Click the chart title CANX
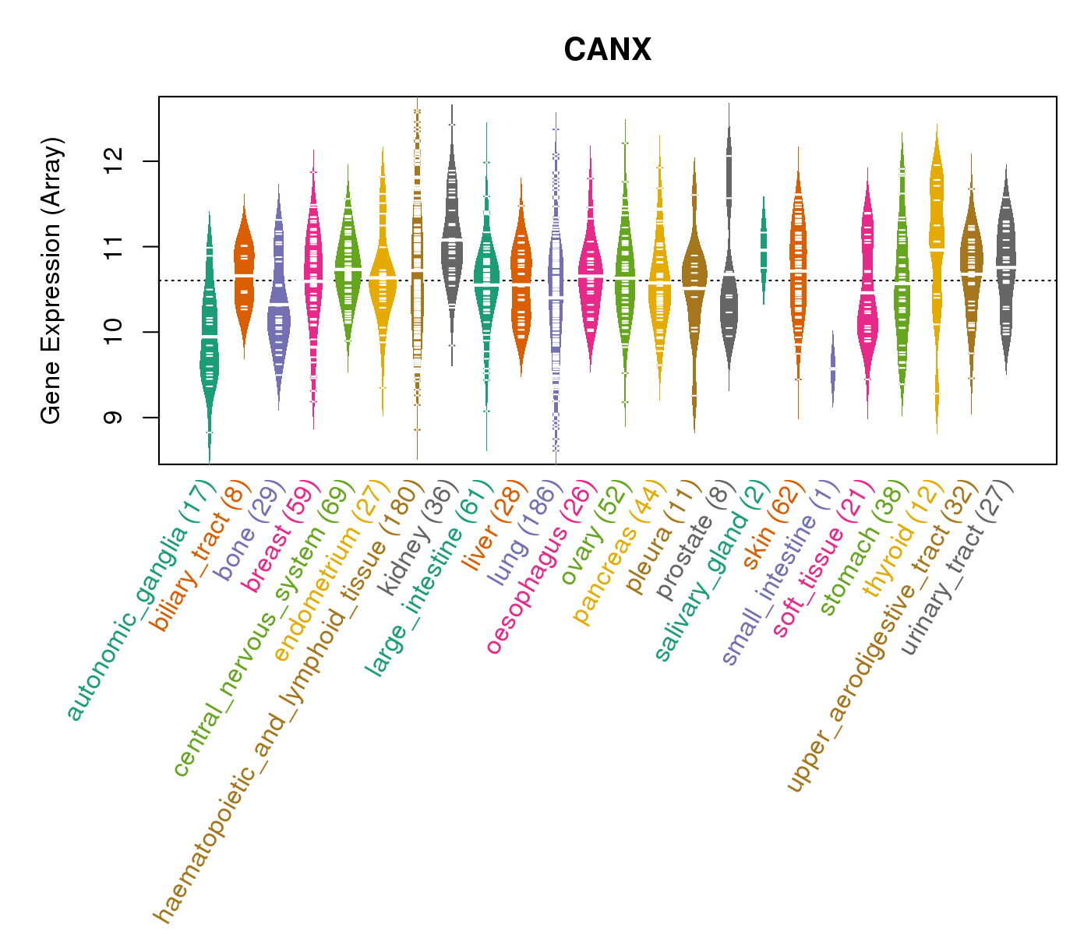click(x=607, y=51)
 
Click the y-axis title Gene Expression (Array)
click(x=51, y=280)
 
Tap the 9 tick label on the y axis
click(x=117, y=418)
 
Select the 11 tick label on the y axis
click(x=117, y=247)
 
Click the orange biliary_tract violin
click(x=244, y=273)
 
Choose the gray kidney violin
click(x=451, y=242)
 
